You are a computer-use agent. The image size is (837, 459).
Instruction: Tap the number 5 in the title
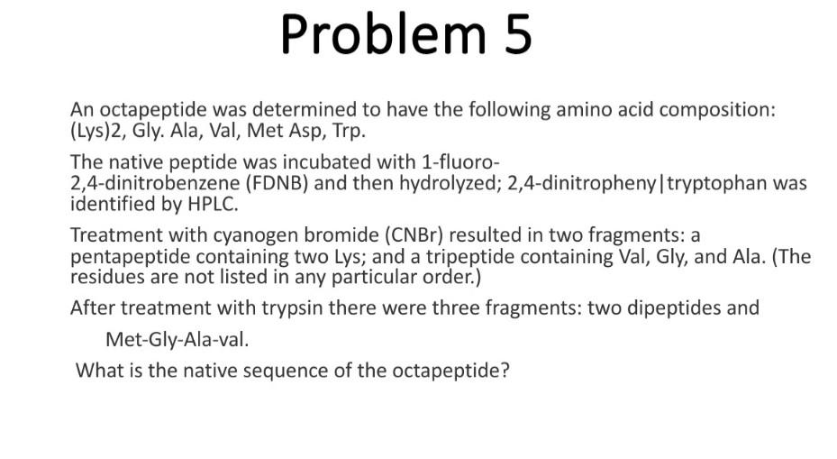516,34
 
